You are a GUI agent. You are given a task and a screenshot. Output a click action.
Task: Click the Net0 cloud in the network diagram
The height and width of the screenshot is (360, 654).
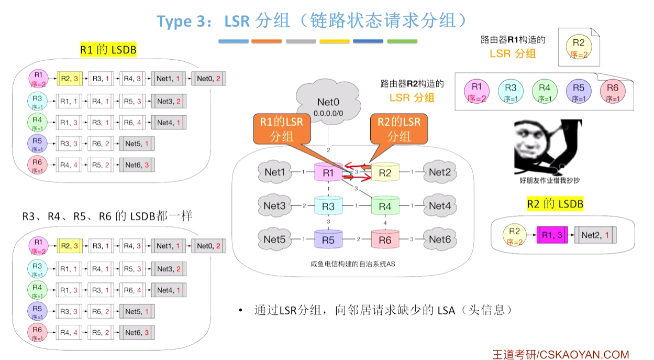click(x=328, y=102)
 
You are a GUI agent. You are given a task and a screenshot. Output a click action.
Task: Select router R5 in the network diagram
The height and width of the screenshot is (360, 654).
click(x=328, y=239)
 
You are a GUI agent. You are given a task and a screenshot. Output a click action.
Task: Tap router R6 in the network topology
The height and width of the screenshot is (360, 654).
click(x=385, y=239)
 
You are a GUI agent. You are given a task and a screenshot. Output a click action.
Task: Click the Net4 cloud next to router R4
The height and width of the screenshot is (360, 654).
click(x=440, y=206)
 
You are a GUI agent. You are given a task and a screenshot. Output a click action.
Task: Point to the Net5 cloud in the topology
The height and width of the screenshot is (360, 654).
click(x=274, y=239)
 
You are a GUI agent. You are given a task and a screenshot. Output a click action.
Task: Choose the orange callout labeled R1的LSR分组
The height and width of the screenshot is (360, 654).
click(x=282, y=129)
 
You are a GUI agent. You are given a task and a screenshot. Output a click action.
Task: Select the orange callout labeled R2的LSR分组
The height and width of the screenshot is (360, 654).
click(x=399, y=129)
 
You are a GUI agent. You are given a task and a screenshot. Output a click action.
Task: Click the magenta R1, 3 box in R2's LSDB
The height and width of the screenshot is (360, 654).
click(x=552, y=235)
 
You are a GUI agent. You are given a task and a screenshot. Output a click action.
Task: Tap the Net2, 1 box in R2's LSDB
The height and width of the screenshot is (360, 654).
click(x=595, y=235)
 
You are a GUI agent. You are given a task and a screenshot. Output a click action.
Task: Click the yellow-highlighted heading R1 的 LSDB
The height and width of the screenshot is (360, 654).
click(x=108, y=50)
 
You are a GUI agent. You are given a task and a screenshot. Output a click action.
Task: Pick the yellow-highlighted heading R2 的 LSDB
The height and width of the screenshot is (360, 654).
click(x=555, y=204)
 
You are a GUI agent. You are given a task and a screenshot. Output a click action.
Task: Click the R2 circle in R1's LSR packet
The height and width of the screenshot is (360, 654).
click(x=579, y=47)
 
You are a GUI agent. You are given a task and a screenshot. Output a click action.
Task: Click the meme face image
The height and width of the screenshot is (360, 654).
click(x=548, y=147)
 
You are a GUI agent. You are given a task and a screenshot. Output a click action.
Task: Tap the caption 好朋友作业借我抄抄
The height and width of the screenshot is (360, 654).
click(x=549, y=180)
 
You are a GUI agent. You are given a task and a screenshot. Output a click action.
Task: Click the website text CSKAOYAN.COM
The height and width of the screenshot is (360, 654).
click(x=584, y=354)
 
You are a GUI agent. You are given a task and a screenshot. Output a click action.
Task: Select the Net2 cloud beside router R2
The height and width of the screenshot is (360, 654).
click(x=440, y=172)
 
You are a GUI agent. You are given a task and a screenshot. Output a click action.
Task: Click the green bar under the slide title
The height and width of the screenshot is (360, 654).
click(x=402, y=41)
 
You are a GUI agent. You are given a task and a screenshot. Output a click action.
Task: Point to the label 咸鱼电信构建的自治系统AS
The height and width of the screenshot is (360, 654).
click(x=353, y=264)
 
